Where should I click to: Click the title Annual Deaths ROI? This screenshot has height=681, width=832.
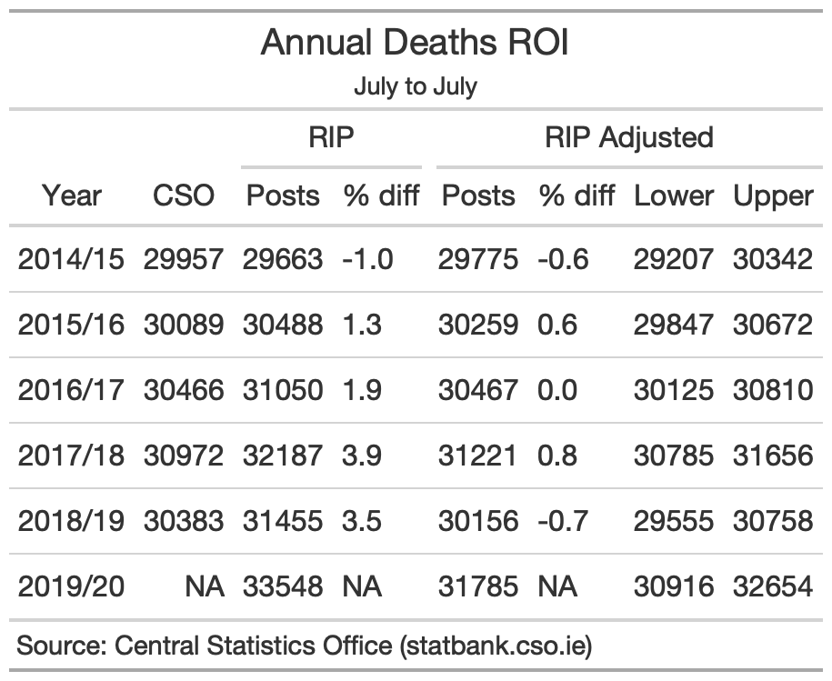click(x=415, y=42)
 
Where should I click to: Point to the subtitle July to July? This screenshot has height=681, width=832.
click(x=416, y=86)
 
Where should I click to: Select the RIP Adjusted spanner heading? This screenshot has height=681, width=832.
click(x=629, y=138)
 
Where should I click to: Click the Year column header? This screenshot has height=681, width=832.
click(x=72, y=195)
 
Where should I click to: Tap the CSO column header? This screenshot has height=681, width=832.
click(x=184, y=195)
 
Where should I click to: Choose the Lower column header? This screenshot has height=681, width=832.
click(x=674, y=195)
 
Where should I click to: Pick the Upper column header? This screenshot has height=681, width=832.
click(x=773, y=196)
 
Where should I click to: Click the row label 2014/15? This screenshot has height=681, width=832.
click(x=71, y=259)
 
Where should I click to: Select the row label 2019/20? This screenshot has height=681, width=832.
click(x=71, y=586)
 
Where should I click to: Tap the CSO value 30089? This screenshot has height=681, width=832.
click(x=184, y=325)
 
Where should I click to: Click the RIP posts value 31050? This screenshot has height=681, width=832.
click(x=283, y=390)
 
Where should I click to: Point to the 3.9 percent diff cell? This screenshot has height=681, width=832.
click(x=362, y=456)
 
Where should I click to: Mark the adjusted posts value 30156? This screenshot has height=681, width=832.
click(x=478, y=521)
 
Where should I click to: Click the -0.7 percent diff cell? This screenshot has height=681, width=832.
click(x=563, y=521)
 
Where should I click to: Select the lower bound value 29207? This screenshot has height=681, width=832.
click(x=674, y=259)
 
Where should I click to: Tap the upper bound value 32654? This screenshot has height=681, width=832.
click(x=773, y=586)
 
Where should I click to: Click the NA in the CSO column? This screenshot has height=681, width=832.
click(x=205, y=586)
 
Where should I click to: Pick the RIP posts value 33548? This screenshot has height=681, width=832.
click(x=283, y=586)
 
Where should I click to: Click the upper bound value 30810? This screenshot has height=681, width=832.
click(x=773, y=390)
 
